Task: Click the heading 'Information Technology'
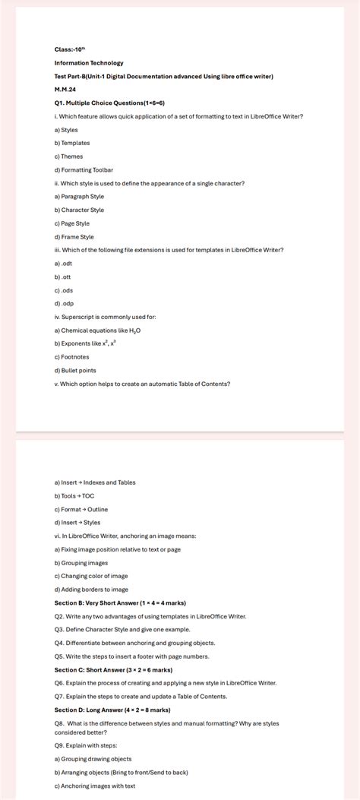coord(89,63)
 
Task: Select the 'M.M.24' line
coord(65,90)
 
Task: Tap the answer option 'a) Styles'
coord(66,130)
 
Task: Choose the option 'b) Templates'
coord(72,143)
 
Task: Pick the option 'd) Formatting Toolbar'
coord(84,170)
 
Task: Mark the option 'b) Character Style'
coord(79,210)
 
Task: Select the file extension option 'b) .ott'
coord(63,277)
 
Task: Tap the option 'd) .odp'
coord(64,303)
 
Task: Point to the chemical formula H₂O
coord(134,330)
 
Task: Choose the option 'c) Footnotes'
coord(71,357)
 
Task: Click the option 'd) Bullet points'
coord(75,370)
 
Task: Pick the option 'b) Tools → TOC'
coord(74,496)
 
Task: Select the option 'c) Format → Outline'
coord(81,509)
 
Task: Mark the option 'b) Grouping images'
coord(81,563)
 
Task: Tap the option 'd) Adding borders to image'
coord(91,590)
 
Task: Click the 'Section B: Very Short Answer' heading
coord(120,603)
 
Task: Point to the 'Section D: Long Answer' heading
coord(112,710)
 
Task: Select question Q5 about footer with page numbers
coord(131,656)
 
